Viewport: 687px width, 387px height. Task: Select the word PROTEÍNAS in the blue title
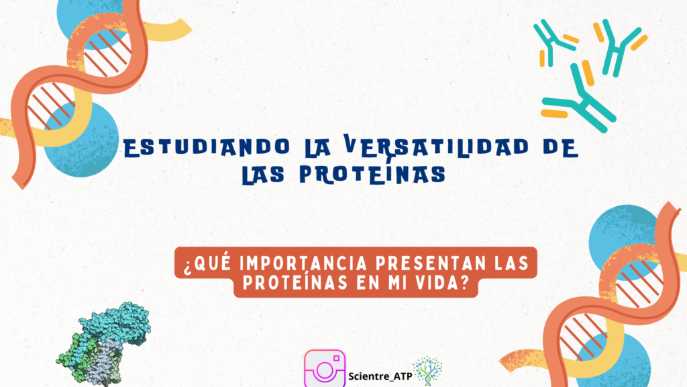coord(373,174)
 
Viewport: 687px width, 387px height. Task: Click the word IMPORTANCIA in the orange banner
coord(303,263)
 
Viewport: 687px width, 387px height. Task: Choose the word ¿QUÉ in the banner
coord(207,263)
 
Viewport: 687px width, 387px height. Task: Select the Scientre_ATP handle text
coord(380,376)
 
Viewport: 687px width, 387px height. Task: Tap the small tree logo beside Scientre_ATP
coord(427,371)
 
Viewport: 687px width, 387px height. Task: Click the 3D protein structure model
coord(103,343)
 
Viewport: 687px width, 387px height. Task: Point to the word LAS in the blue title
coord(263,174)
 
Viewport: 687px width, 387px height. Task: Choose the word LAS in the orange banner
coord(511,263)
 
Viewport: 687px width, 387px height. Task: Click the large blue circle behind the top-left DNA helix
coord(81,140)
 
